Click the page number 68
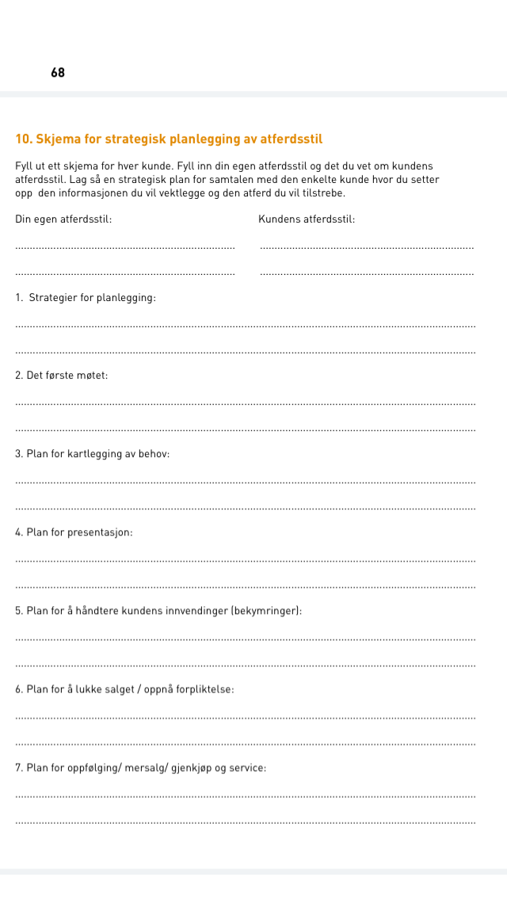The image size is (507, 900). [58, 73]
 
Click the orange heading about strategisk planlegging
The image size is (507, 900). [169, 139]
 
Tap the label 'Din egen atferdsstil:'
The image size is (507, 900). [63, 219]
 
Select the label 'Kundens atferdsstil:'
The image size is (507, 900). [307, 219]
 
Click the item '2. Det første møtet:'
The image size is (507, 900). [62, 375]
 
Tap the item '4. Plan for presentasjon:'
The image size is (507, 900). [74, 532]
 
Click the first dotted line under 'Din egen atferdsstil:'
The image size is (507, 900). [125, 249]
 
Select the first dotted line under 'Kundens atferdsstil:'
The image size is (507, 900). [367, 249]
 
